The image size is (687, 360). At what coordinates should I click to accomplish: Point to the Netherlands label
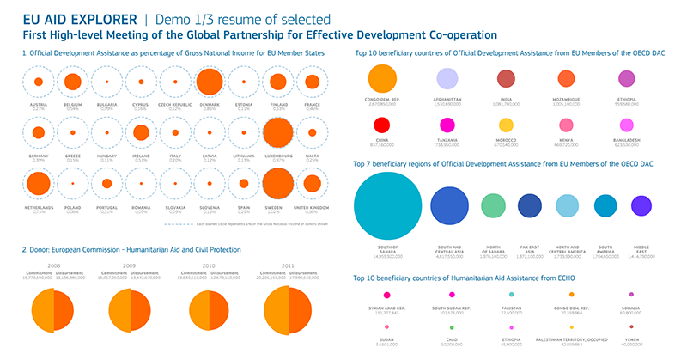tap(38, 209)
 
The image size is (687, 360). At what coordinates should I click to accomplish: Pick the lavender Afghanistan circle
tap(447, 79)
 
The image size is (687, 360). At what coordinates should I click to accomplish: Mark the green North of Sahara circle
tap(493, 205)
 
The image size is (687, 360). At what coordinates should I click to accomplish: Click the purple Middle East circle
tap(641, 205)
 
